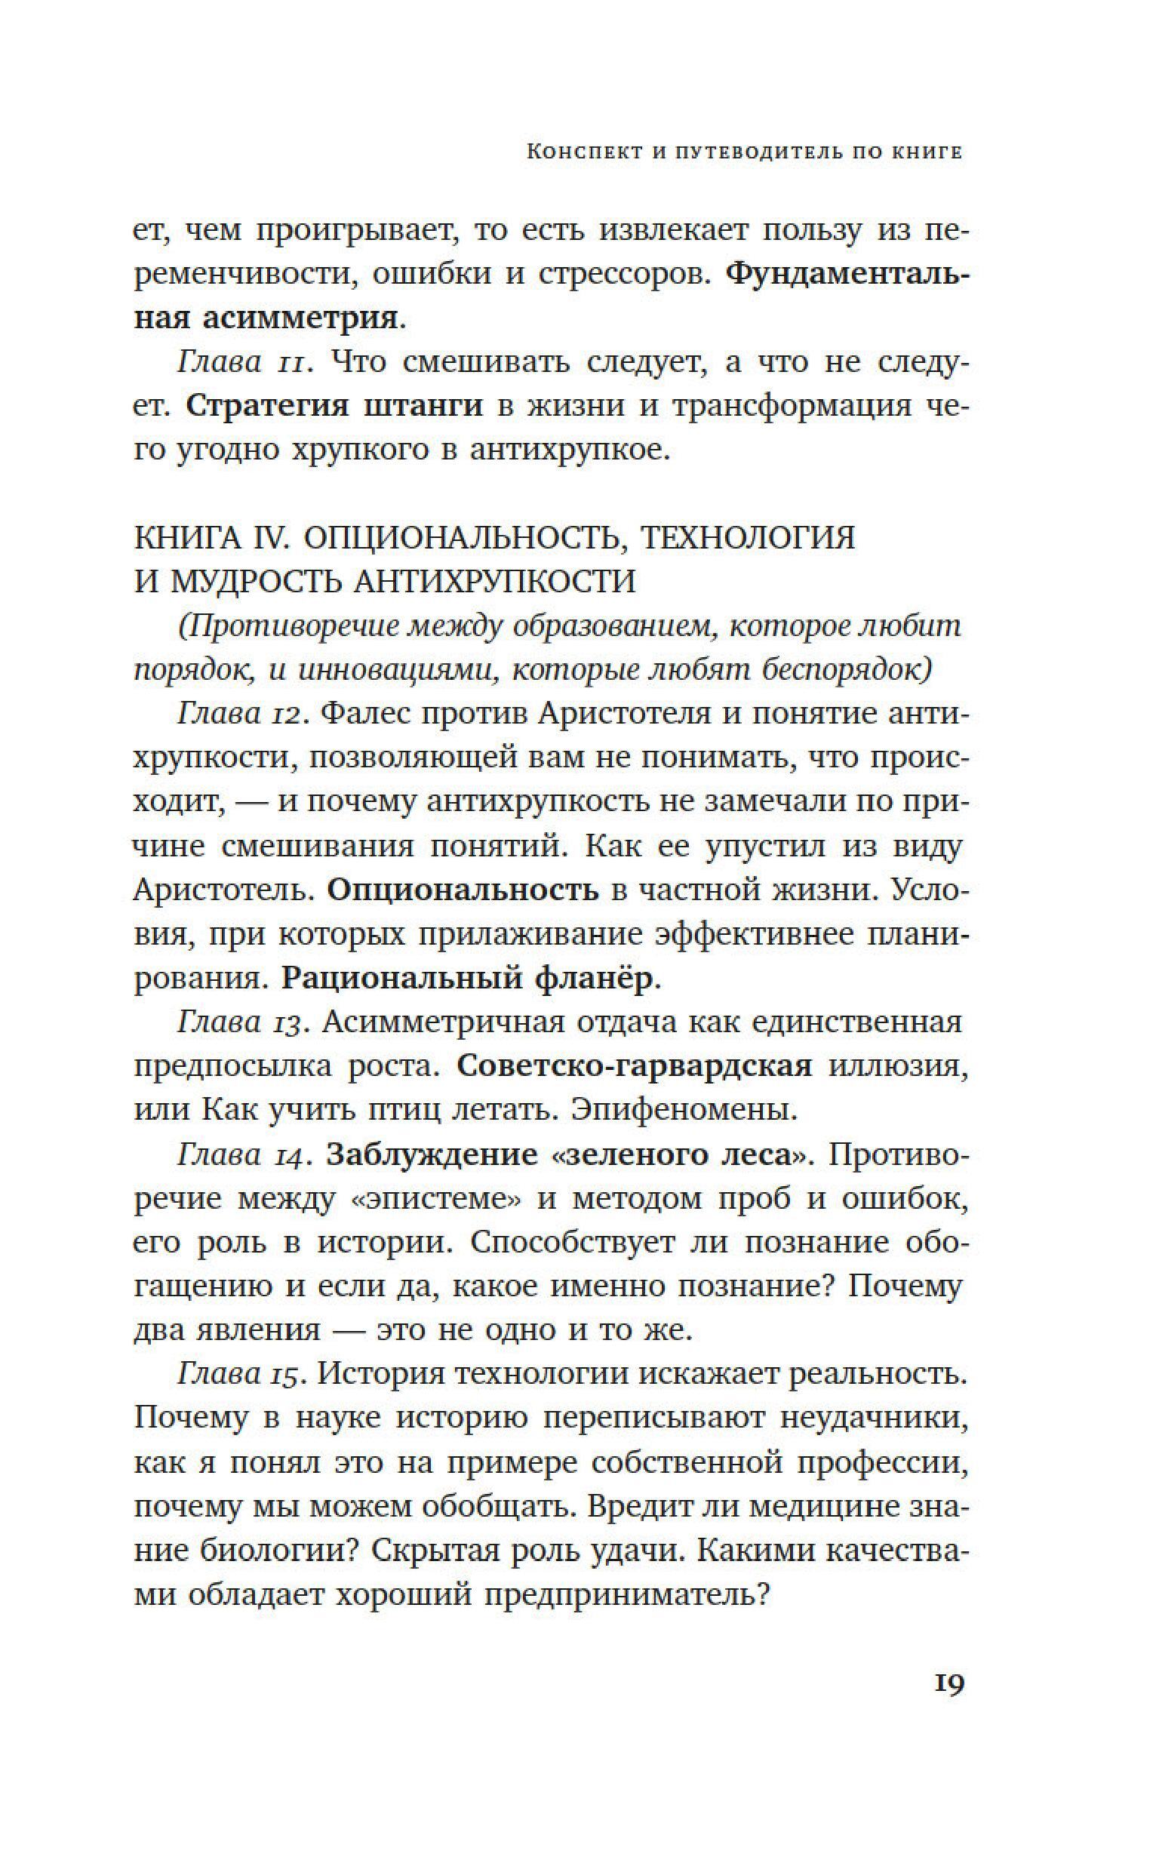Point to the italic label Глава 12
coord(243,714)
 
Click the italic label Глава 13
coord(244,1022)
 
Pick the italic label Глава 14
coord(244,1154)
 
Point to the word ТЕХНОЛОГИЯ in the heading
coord(747,538)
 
